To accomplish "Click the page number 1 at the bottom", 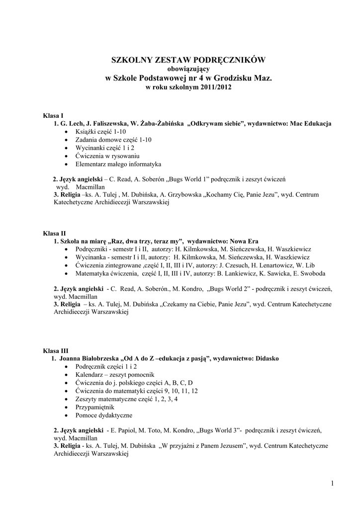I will point(331,483).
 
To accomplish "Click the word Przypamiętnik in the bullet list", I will point(94,407).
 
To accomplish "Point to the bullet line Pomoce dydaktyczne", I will point(104,415).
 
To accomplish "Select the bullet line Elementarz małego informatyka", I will point(118,164).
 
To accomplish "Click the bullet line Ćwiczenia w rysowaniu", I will point(107,156).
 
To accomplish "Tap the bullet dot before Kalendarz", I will point(67,375).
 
